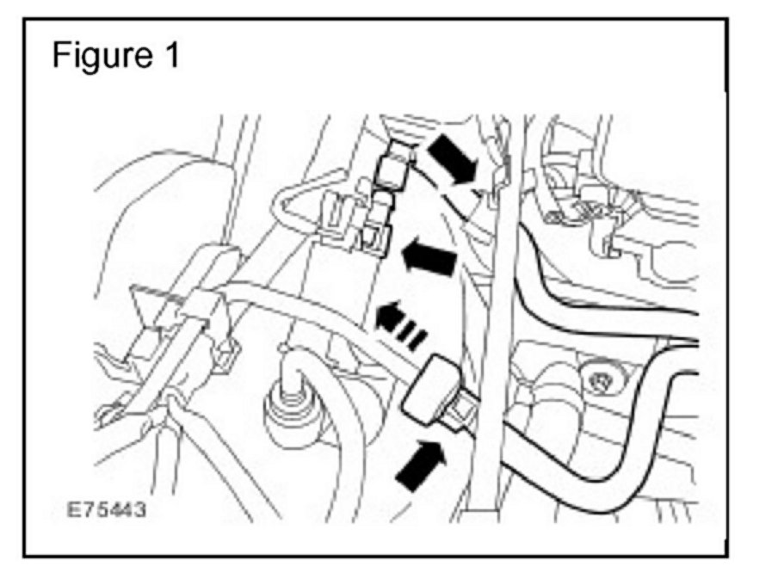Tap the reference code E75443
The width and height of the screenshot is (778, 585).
tap(108, 510)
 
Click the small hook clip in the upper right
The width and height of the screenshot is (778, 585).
tap(606, 245)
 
